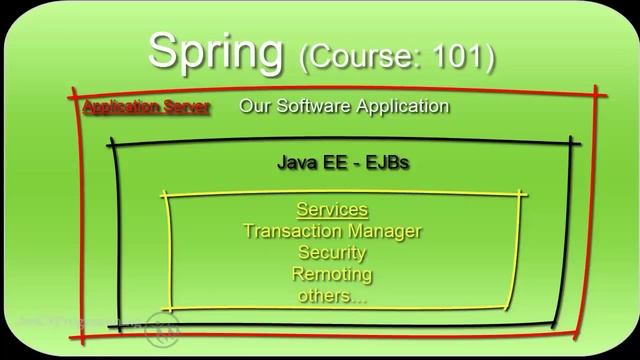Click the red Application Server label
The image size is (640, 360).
[x=146, y=107]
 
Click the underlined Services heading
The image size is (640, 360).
[x=332, y=210]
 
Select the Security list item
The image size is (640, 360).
[x=332, y=252]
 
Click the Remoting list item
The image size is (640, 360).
[x=332, y=273]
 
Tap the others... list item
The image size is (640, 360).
[x=332, y=295]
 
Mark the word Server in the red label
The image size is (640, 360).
[x=185, y=107]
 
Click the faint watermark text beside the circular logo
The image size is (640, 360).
[x=80, y=322]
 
